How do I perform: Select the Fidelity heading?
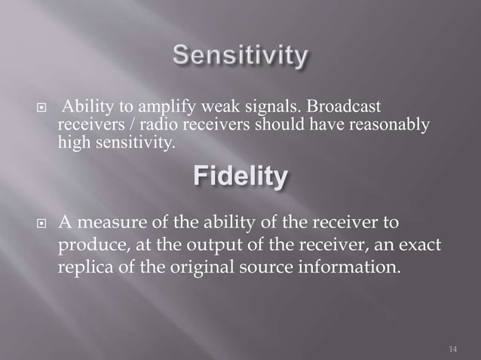point(240,178)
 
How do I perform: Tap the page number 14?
point(452,349)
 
